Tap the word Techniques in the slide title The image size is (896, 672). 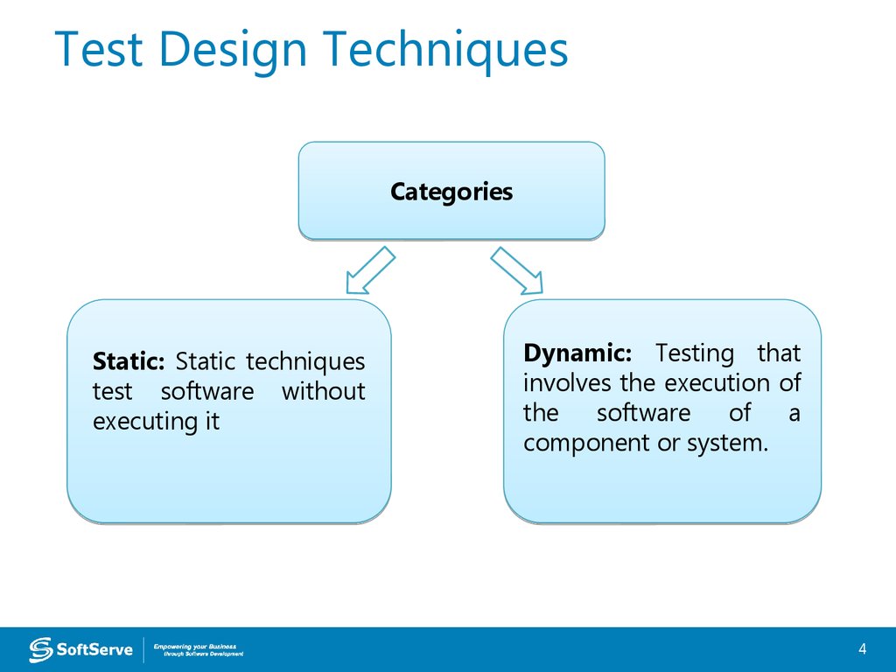(x=444, y=50)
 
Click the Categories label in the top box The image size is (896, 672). (x=451, y=192)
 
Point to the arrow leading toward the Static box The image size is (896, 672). (x=370, y=269)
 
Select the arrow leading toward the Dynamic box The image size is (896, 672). (x=517, y=269)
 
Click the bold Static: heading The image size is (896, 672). (x=128, y=361)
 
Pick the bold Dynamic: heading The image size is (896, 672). (x=577, y=353)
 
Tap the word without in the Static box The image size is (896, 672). (x=323, y=391)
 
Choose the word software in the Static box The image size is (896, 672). (x=206, y=391)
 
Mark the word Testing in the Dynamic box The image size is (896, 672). (x=695, y=353)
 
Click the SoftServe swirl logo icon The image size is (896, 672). (x=40, y=649)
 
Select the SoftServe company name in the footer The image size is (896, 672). (x=94, y=649)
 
